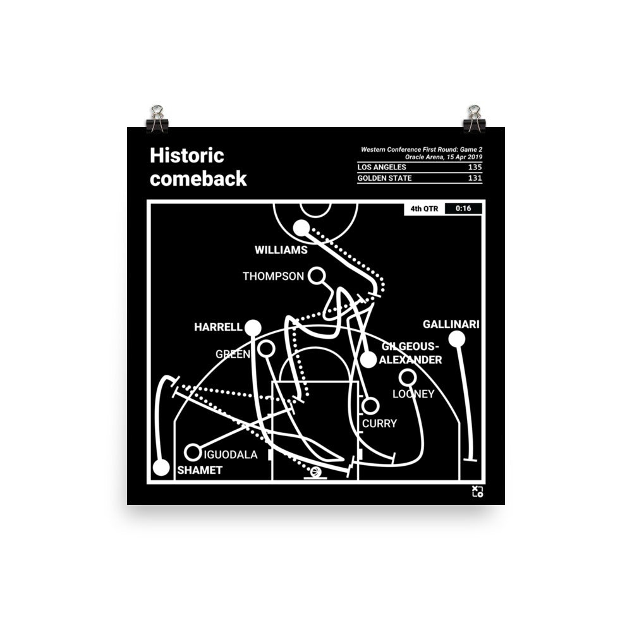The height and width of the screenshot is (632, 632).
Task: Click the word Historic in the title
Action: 186,155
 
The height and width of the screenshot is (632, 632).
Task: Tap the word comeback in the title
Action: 198,179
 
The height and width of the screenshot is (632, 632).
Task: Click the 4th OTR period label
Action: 423,209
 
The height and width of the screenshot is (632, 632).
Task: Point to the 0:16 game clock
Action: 463,209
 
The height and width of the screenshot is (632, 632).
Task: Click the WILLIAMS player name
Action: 281,250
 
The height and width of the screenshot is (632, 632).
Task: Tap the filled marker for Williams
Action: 301,228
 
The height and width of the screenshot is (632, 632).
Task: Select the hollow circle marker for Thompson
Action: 316,276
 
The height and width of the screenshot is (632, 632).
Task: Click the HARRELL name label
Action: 218,327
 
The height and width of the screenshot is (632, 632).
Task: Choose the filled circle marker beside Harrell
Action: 253,327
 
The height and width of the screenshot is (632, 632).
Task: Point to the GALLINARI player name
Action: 451,325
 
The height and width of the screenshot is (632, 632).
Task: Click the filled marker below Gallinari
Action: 457,339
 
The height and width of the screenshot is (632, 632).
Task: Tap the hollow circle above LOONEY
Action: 408,378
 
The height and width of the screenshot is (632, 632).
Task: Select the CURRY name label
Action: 379,423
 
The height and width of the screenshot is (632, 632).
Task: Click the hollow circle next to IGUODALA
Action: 193,453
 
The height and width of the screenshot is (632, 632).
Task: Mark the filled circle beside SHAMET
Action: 161,468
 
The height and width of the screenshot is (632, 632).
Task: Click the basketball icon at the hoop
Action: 315,472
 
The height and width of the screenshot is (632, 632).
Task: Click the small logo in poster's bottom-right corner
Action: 477,492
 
